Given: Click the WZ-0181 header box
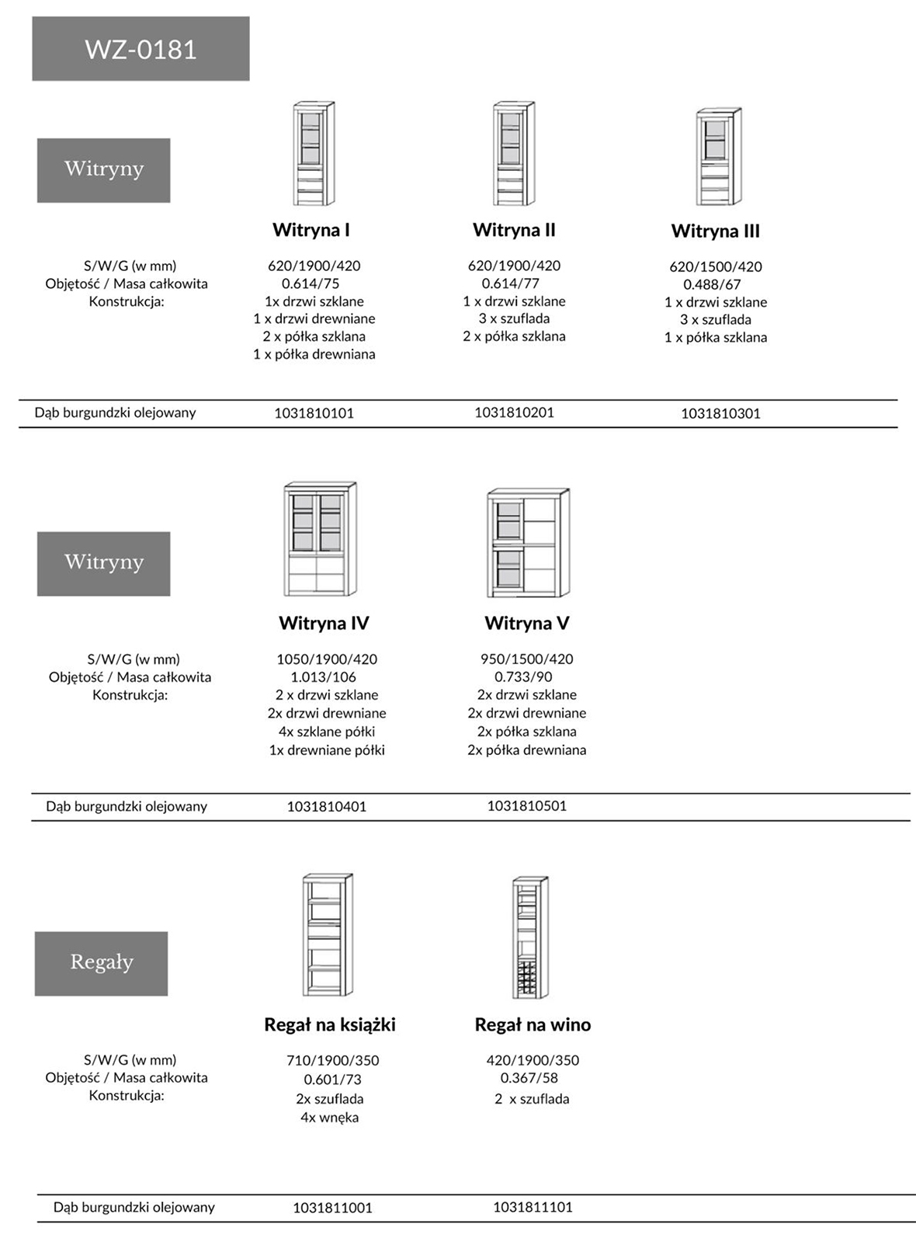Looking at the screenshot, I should point(141,49).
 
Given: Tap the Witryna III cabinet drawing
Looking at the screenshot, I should point(718,157).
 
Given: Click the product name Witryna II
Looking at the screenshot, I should point(514,230).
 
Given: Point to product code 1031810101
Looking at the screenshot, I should point(314,413).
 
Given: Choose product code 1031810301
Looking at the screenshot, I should point(720,413).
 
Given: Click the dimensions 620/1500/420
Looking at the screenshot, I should point(716,266).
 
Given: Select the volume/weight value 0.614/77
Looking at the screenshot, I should point(510,283).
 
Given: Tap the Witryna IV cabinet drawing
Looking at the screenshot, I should point(321,539).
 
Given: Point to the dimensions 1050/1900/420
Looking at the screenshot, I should point(327,659).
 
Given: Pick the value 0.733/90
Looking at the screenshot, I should point(523,676).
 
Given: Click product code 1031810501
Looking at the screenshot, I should point(527,805).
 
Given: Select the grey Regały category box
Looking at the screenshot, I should point(101,963).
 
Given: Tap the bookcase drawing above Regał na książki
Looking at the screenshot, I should point(327,935).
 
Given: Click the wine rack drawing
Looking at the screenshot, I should point(530,937).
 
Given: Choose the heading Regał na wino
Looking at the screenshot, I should point(533,1024).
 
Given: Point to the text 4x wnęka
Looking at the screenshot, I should point(330,1118).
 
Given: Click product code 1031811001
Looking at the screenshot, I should point(332,1208).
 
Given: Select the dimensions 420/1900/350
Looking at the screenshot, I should point(533,1060).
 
